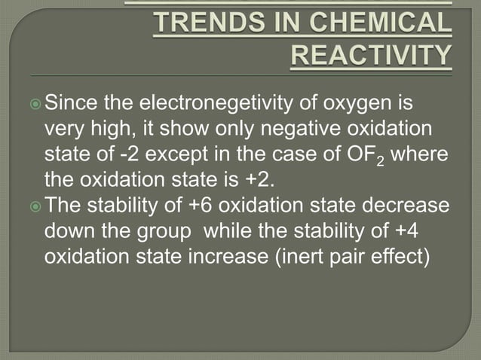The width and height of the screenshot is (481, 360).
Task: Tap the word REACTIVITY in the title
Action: [x=372, y=54]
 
